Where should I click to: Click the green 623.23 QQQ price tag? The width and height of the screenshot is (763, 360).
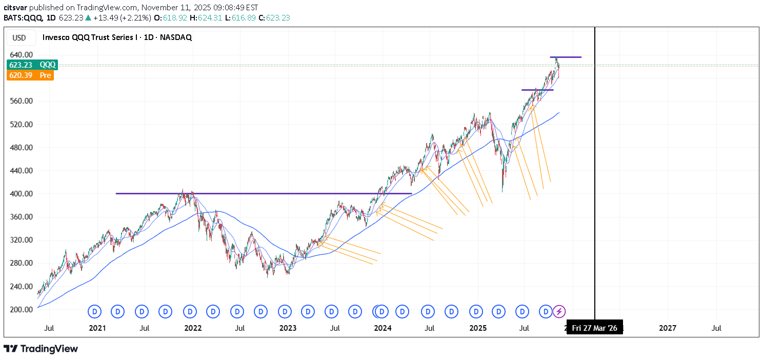click(x=32, y=65)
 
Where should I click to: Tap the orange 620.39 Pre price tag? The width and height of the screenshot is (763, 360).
click(x=30, y=75)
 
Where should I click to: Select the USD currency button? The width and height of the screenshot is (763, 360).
click(x=19, y=37)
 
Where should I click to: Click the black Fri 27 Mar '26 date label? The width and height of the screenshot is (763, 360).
click(x=595, y=328)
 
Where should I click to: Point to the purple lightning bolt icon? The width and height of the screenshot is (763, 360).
click(x=559, y=311)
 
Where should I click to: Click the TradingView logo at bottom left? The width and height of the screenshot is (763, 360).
click(x=41, y=349)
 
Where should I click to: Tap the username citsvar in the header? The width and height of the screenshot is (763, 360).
click(x=15, y=8)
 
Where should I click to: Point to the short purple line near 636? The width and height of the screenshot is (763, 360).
click(x=566, y=57)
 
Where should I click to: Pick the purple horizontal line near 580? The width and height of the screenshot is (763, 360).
click(x=537, y=90)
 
